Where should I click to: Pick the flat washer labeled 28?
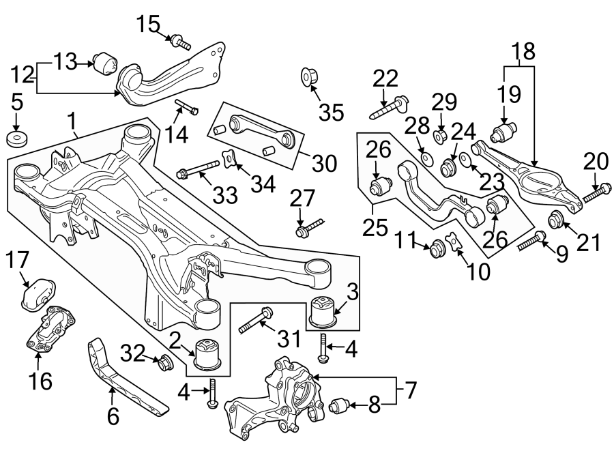pos(426,159)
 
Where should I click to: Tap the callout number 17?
pos(18,260)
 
